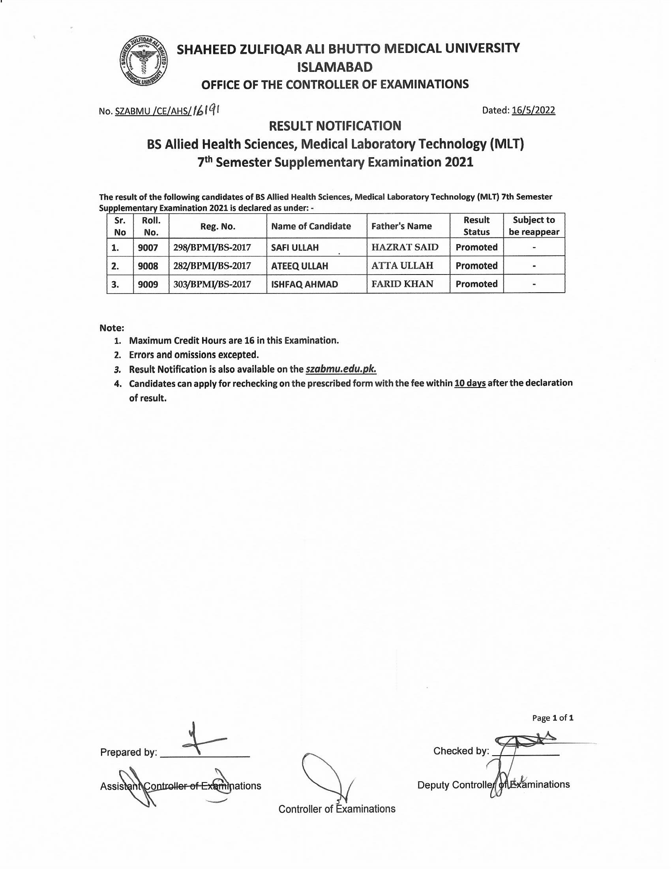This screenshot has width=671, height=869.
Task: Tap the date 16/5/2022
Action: (x=533, y=110)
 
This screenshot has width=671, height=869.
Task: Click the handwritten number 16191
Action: (x=207, y=110)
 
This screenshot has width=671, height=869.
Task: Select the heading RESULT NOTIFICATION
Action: (x=335, y=126)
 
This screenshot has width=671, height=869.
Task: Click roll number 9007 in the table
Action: (x=148, y=248)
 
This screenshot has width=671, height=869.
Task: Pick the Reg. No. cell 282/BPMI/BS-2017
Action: (x=212, y=266)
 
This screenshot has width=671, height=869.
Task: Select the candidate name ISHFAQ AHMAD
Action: (x=304, y=284)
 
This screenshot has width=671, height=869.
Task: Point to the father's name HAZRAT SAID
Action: (x=405, y=247)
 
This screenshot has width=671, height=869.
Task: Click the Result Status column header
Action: (x=476, y=226)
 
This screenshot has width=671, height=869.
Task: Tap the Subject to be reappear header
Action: (x=534, y=226)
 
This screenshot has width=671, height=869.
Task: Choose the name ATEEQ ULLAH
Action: (x=299, y=266)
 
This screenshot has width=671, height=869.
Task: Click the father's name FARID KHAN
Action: (x=402, y=284)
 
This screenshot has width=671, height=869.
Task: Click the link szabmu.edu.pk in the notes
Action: (x=341, y=369)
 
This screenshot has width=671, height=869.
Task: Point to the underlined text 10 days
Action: (x=470, y=383)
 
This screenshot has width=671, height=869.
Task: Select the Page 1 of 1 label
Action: (x=553, y=718)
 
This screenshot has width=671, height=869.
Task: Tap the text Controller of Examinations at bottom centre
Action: (x=337, y=809)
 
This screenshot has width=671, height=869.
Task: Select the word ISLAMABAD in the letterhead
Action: (x=335, y=67)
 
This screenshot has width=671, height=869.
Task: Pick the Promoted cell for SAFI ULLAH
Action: (x=476, y=247)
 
